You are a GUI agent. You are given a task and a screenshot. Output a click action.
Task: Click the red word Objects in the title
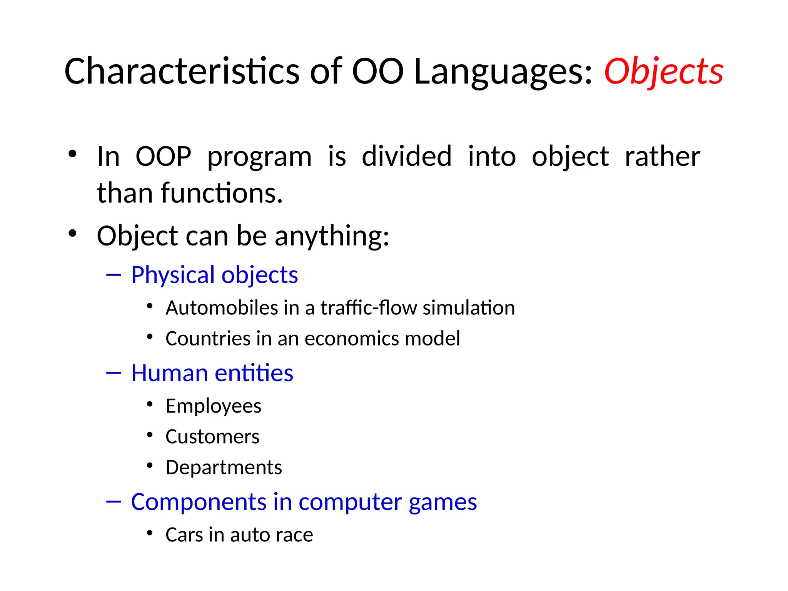[663, 72]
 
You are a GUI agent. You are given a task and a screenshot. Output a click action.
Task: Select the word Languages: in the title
[503, 72]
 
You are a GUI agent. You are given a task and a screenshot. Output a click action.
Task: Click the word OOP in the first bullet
[164, 157]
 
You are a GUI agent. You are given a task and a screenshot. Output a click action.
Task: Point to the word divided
[406, 157]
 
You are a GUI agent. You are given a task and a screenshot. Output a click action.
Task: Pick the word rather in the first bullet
[662, 157]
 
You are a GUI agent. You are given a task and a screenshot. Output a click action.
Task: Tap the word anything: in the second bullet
[332, 236]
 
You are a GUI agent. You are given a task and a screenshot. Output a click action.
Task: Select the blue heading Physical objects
[214, 275]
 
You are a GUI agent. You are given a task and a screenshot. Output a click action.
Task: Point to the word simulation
[469, 308]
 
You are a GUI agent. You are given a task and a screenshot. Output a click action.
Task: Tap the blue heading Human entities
[212, 373]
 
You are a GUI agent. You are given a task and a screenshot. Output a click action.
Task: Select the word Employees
[213, 406]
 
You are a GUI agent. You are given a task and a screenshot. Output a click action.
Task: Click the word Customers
[212, 437]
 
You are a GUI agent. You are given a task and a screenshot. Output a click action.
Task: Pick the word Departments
[224, 467]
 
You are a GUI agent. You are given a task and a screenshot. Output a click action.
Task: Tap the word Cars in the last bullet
[184, 535]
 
